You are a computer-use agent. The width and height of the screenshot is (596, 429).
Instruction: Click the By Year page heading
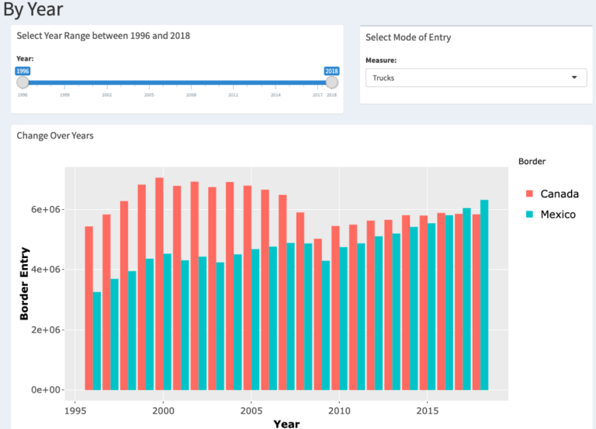tap(33, 10)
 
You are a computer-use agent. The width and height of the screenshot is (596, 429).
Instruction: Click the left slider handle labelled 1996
tap(23, 82)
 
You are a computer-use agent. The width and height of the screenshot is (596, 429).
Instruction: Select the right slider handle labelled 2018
tap(332, 82)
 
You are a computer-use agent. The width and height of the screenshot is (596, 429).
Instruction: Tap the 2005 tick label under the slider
tap(149, 95)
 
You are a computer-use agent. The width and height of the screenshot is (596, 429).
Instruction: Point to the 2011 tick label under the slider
tap(233, 95)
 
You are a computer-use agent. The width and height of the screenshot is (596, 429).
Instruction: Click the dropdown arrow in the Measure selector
tap(574, 78)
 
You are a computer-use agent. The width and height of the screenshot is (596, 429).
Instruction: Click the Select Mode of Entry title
tap(407, 37)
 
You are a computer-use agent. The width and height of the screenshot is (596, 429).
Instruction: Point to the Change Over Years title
tap(55, 135)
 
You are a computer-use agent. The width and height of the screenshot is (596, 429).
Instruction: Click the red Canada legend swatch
tap(529, 194)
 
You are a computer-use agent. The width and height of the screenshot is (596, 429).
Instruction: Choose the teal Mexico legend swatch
tap(529, 214)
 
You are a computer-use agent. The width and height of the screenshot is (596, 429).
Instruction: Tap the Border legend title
tap(532, 161)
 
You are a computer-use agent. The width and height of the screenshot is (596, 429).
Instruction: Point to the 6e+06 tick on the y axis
tap(47, 210)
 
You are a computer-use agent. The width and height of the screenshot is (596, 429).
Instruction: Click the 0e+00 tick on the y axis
tap(47, 389)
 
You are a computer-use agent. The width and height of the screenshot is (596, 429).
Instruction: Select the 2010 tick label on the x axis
tap(338, 410)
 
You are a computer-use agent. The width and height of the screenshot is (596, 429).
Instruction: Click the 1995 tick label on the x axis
tap(74, 410)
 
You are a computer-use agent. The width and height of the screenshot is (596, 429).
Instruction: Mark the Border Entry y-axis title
tap(25, 284)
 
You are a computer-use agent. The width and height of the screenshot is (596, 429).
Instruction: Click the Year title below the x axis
tap(286, 424)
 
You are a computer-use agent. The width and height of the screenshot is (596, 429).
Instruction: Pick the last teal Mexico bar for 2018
tap(484, 295)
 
